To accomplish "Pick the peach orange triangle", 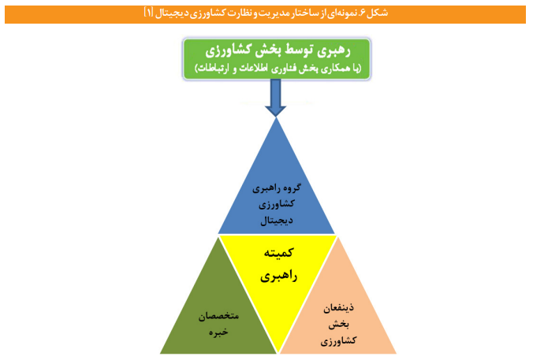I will [339, 315].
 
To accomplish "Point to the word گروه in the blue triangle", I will [293, 191].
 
